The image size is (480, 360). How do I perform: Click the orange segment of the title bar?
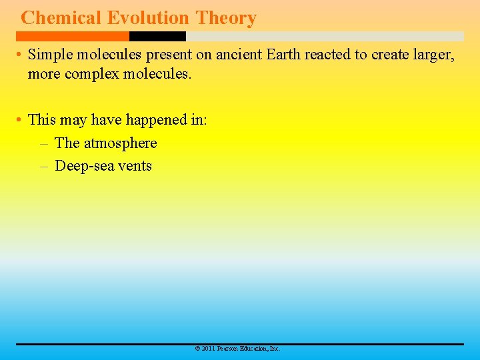click(73, 36)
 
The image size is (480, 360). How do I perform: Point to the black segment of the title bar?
click(157, 36)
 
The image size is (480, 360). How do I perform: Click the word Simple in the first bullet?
click(49, 55)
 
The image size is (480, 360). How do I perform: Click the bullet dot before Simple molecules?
click(20, 55)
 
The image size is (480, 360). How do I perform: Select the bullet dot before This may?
click(20, 120)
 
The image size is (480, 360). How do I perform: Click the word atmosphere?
click(121, 143)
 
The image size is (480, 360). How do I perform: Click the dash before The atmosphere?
click(44, 143)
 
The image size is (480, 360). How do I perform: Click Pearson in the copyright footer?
click(229, 349)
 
